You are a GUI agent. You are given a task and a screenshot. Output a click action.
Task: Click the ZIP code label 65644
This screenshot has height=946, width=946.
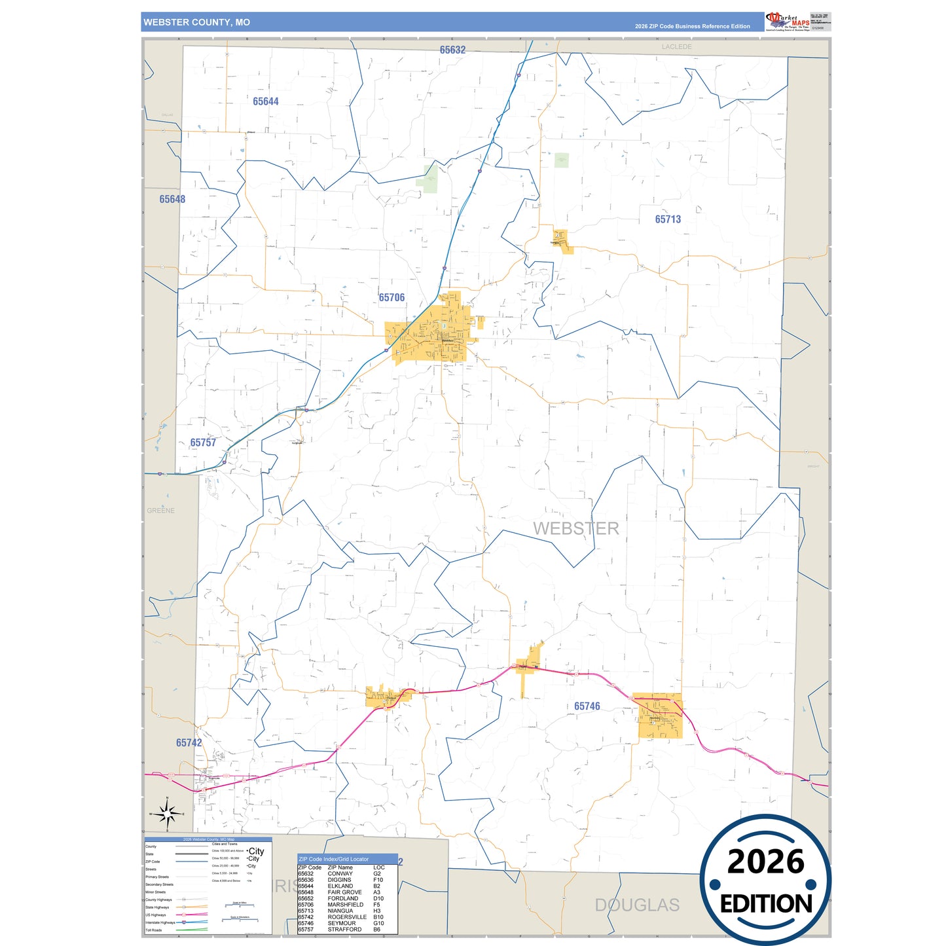pyautogui.click(x=266, y=101)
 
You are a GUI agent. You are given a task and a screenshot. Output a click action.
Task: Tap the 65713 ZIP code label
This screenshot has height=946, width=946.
pyautogui.click(x=668, y=219)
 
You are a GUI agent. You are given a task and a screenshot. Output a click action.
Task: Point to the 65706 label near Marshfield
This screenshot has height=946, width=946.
pyautogui.click(x=391, y=298)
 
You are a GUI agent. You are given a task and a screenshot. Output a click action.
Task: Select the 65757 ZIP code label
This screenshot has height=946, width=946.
pyautogui.click(x=203, y=443)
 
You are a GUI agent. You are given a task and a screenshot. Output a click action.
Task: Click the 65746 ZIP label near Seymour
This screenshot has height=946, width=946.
pyautogui.click(x=587, y=706)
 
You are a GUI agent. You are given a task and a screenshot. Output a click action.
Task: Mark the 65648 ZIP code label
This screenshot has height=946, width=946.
pyautogui.click(x=172, y=199)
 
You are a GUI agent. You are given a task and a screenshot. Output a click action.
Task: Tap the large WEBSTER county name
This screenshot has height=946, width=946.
pyautogui.click(x=575, y=528)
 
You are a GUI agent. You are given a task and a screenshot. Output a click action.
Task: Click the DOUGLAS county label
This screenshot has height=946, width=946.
pyautogui.click(x=637, y=905)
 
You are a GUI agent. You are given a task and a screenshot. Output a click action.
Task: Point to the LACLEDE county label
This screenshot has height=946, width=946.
pyautogui.click(x=676, y=47)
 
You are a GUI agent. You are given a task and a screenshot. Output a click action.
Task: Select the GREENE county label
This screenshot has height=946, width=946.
pyautogui.click(x=160, y=511)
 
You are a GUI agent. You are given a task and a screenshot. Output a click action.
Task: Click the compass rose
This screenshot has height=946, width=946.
pyautogui.click(x=167, y=814)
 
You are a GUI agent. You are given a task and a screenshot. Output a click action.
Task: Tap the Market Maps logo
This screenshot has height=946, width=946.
pyautogui.click(x=788, y=22)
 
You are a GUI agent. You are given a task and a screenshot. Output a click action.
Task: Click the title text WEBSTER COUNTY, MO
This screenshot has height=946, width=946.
pyautogui.click(x=196, y=22)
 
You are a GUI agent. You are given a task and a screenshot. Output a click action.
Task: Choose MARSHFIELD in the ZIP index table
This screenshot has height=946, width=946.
pyautogui.click(x=345, y=905)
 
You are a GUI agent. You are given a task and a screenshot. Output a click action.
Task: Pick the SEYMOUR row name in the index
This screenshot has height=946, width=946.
pyautogui.click(x=342, y=923)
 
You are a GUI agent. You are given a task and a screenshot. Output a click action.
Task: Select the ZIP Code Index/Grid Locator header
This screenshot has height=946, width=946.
pyautogui.click(x=333, y=859)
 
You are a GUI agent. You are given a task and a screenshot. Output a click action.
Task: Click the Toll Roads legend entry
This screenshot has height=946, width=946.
pyautogui.click(x=154, y=930)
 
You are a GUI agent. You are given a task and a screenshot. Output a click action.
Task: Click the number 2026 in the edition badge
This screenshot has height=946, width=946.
pyautogui.click(x=765, y=862)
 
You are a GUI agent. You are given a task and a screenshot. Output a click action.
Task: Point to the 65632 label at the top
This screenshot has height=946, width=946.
pyautogui.click(x=452, y=50)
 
